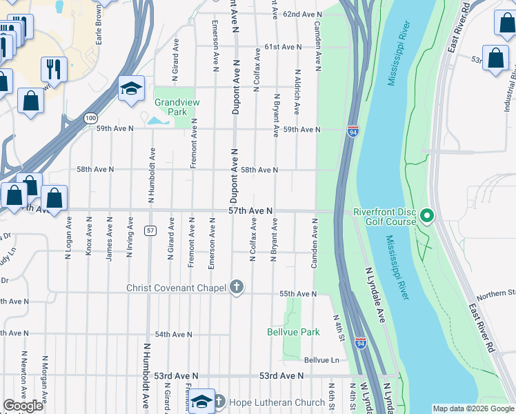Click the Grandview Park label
click(x=171, y=106)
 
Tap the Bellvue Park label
click(x=293, y=332)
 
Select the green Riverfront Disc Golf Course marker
click(x=426, y=217)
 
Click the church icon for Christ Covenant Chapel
click(x=237, y=287)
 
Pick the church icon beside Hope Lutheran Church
click(x=219, y=402)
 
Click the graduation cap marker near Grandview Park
click(x=130, y=88)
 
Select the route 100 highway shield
click(x=91, y=118)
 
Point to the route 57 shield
click(x=150, y=229)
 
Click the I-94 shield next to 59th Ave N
click(x=353, y=130)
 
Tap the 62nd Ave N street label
click(x=302, y=14)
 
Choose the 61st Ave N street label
click(x=282, y=47)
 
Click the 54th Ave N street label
click(x=173, y=334)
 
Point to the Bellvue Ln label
click(x=321, y=360)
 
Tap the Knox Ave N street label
click(x=88, y=237)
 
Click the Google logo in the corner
click(x=23, y=406)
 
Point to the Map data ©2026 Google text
click(x=473, y=408)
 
